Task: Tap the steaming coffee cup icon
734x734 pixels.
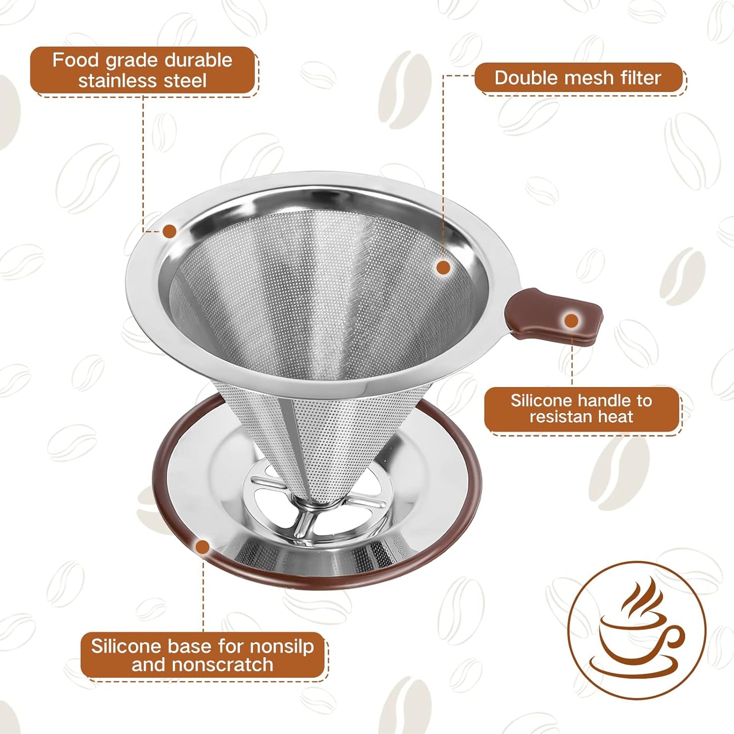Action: [637, 629]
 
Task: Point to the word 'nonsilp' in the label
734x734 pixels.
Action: [282, 646]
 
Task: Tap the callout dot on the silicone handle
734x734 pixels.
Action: [571, 321]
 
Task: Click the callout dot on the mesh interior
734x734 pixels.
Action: [443, 268]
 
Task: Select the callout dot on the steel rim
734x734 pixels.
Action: [169, 231]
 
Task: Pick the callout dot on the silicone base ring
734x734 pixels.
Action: [203, 547]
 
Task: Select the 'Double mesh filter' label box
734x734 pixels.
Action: [579, 78]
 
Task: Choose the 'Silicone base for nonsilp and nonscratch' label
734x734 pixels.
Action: [202, 655]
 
